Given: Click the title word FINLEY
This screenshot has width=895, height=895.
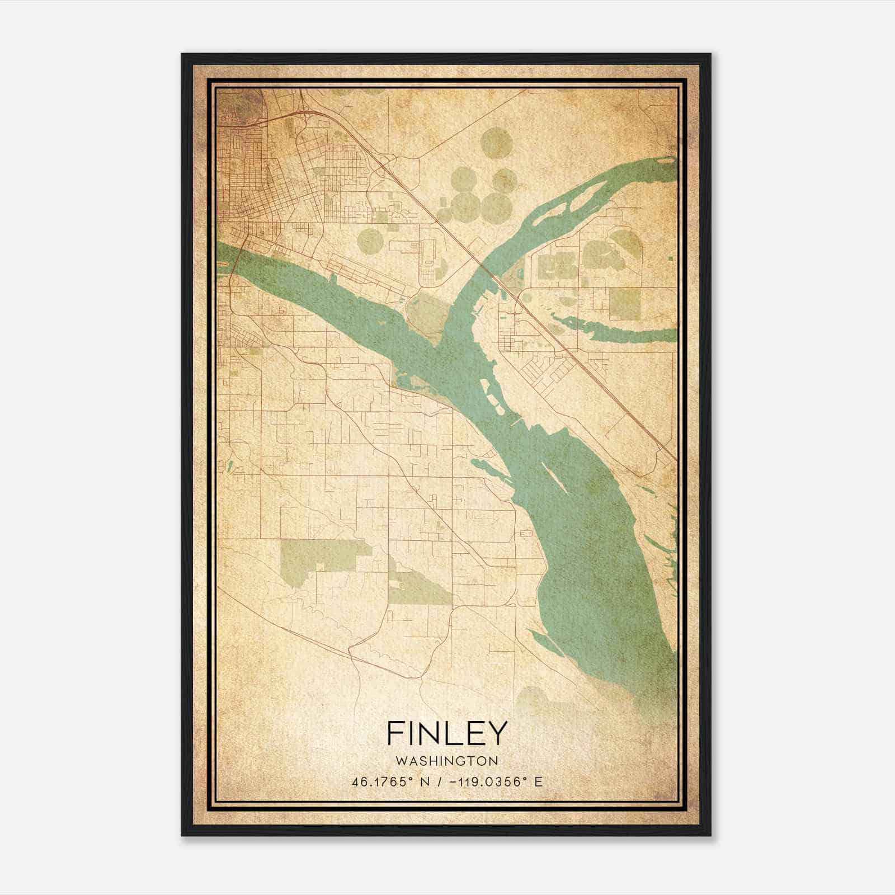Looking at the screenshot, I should point(446,733).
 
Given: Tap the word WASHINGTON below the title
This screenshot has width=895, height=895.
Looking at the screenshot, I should point(446,761).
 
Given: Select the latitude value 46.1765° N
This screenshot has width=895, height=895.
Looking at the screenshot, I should point(392,781).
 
